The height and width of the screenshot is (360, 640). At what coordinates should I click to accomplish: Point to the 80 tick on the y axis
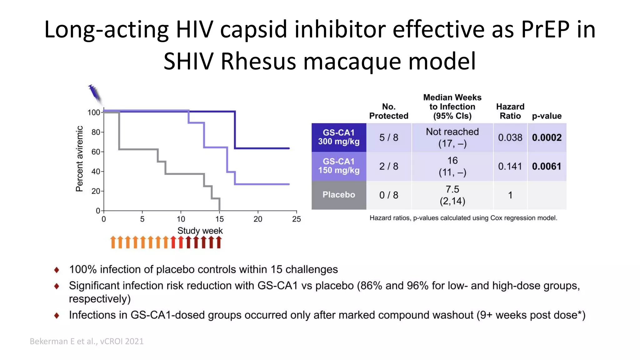(96, 132)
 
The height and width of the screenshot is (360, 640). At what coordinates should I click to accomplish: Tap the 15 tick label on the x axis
(219, 219)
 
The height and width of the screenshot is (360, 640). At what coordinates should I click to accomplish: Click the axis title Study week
(200, 231)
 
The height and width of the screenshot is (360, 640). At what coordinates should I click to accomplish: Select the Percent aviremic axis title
(79, 159)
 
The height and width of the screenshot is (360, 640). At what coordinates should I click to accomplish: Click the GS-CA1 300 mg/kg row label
(339, 137)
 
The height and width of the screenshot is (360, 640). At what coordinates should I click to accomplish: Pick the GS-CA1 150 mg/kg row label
(339, 166)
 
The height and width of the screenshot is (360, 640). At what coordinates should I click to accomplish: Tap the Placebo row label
(339, 195)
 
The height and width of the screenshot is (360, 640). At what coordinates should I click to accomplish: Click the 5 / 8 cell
(389, 137)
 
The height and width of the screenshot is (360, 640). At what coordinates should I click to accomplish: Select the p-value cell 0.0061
(547, 166)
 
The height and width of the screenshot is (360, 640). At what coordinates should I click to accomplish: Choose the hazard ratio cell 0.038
(510, 137)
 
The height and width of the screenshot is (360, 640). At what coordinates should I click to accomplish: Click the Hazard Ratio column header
(510, 111)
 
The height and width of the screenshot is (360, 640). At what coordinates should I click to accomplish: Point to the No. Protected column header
(389, 111)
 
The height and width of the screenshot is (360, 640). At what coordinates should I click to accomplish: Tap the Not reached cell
(452, 137)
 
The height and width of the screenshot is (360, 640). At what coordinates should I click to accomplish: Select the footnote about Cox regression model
(463, 218)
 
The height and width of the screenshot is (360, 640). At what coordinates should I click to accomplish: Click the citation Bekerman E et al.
(87, 341)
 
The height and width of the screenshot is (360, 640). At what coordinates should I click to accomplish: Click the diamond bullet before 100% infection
(57, 270)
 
